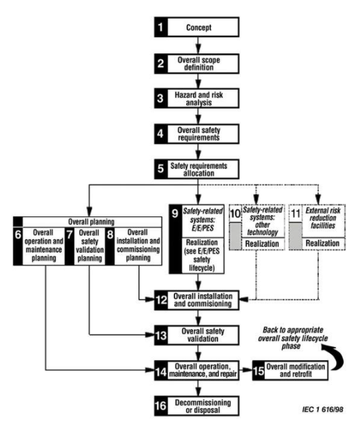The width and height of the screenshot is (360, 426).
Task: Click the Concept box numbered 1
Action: click(194, 29)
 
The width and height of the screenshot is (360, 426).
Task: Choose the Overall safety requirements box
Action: click(194, 133)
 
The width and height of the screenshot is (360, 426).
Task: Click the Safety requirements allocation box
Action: click(194, 167)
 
